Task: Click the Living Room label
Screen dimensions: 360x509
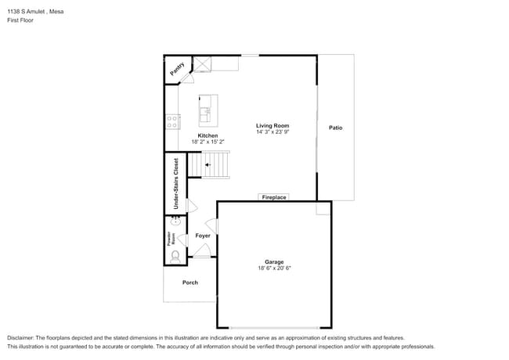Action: tap(273, 125)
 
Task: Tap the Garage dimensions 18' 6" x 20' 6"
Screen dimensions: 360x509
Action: tap(274, 268)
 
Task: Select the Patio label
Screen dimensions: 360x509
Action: tap(335, 128)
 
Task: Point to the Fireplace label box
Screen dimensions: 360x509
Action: tap(273, 197)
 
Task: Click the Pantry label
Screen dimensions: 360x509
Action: tap(178, 68)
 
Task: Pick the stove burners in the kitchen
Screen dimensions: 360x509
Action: tap(172, 121)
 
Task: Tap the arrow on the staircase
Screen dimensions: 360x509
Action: tap(208, 165)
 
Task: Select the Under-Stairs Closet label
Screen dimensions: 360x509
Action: tap(176, 183)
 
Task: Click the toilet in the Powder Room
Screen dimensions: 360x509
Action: tap(175, 254)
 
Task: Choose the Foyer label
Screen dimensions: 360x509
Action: tap(203, 236)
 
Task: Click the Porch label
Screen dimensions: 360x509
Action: tap(190, 283)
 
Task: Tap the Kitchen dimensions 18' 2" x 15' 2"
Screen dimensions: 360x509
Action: tap(208, 142)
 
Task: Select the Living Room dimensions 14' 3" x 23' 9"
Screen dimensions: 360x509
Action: tap(273, 132)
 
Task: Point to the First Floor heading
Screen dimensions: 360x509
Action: tap(20, 20)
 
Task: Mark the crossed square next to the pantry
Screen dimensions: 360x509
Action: tap(204, 64)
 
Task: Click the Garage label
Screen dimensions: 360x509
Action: tap(274, 262)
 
